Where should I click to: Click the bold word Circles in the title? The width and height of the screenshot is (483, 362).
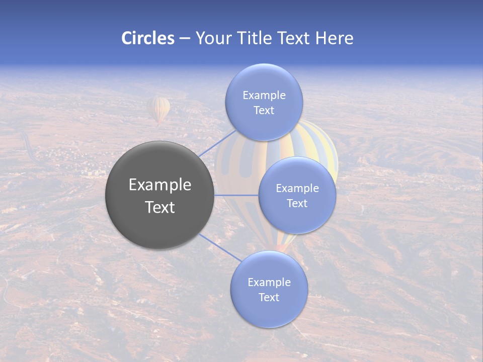[148, 38]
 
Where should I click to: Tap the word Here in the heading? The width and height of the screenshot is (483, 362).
[335, 38]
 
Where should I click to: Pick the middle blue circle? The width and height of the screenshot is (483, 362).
[297, 219]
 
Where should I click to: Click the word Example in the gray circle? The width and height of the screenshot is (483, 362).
[160, 185]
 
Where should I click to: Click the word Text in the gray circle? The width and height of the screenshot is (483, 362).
[160, 207]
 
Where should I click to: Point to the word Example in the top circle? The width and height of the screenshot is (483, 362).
[264, 96]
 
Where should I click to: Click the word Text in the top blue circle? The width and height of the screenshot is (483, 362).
[264, 111]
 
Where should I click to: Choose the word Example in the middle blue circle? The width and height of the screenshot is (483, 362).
[297, 189]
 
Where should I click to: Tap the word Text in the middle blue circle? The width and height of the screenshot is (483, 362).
[297, 204]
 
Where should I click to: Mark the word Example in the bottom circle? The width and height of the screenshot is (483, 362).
[269, 283]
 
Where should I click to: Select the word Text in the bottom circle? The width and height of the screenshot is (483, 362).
[269, 298]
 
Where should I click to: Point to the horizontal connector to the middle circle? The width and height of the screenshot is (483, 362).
[236, 195]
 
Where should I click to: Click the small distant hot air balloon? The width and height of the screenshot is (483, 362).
[158, 110]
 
